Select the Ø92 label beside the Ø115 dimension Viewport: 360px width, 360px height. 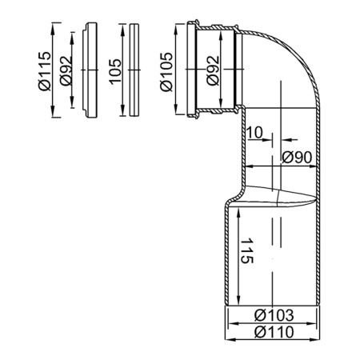pyautogui.click(x=63, y=70)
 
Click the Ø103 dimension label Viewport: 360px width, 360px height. pyautogui.click(x=272, y=314)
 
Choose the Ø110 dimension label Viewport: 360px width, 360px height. pyautogui.click(x=272, y=331)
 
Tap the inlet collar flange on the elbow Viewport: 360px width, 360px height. pyautogui.click(x=194, y=70)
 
